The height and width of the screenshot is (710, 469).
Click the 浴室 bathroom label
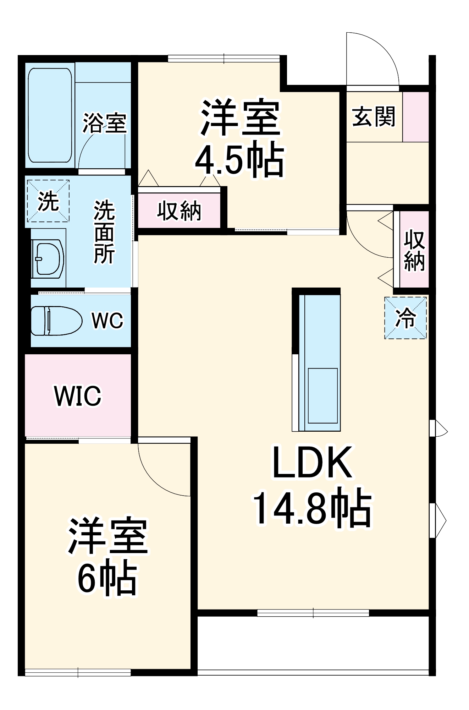pyautogui.click(x=104, y=123)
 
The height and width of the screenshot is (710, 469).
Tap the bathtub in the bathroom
pyautogui.click(x=50, y=115)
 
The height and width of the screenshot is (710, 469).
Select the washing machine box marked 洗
pyautogui.click(x=48, y=201)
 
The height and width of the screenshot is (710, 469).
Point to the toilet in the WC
pyautogui.click(x=56, y=321)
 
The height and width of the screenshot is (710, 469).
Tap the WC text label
pyautogui.click(x=107, y=321)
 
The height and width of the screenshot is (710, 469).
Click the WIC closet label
pyautogui.click(x=78, y=395)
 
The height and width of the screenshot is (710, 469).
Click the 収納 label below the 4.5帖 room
pyautogui.click(x=179, y=211)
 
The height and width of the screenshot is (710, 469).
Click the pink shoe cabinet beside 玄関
pyautogui.click(x=415, y=117)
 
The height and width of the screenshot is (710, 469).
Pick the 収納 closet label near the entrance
pyautogui.click(x=414, y=250)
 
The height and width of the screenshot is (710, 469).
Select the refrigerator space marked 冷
pyautogui.click(x=405, y=318)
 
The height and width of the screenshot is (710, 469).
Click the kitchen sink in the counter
pyautogui.click(x=322, y=395)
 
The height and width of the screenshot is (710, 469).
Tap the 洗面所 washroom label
pyautogui.click(x=104, y=232)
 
